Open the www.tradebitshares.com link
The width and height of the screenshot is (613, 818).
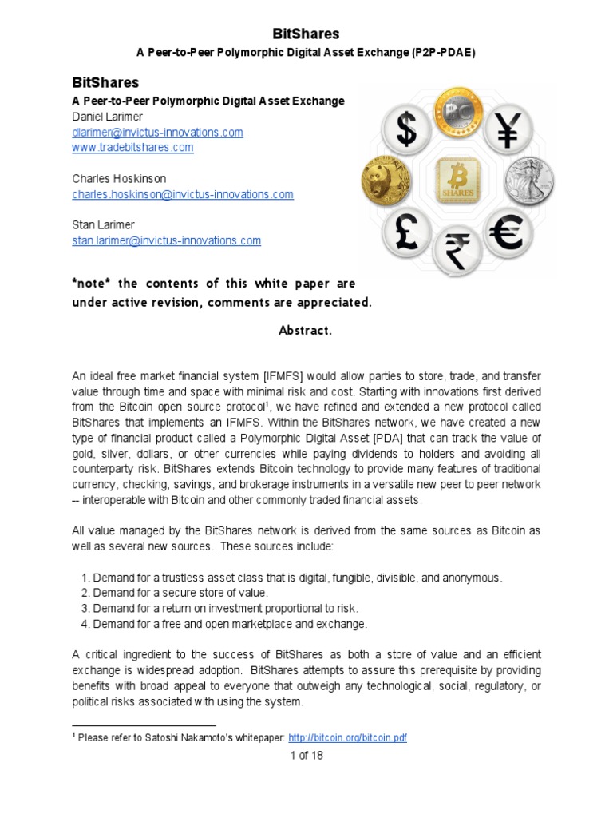click(x=132, y=148)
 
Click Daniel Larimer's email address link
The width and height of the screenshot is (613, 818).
click(x=157, y=133)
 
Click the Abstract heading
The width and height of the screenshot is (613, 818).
click(x=306, y=331)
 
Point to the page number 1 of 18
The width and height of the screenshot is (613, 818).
click(x=306, y=755)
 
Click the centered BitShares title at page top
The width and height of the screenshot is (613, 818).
click(x=306, y=34)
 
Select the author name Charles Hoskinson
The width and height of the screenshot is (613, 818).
click(x=119, y=179)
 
